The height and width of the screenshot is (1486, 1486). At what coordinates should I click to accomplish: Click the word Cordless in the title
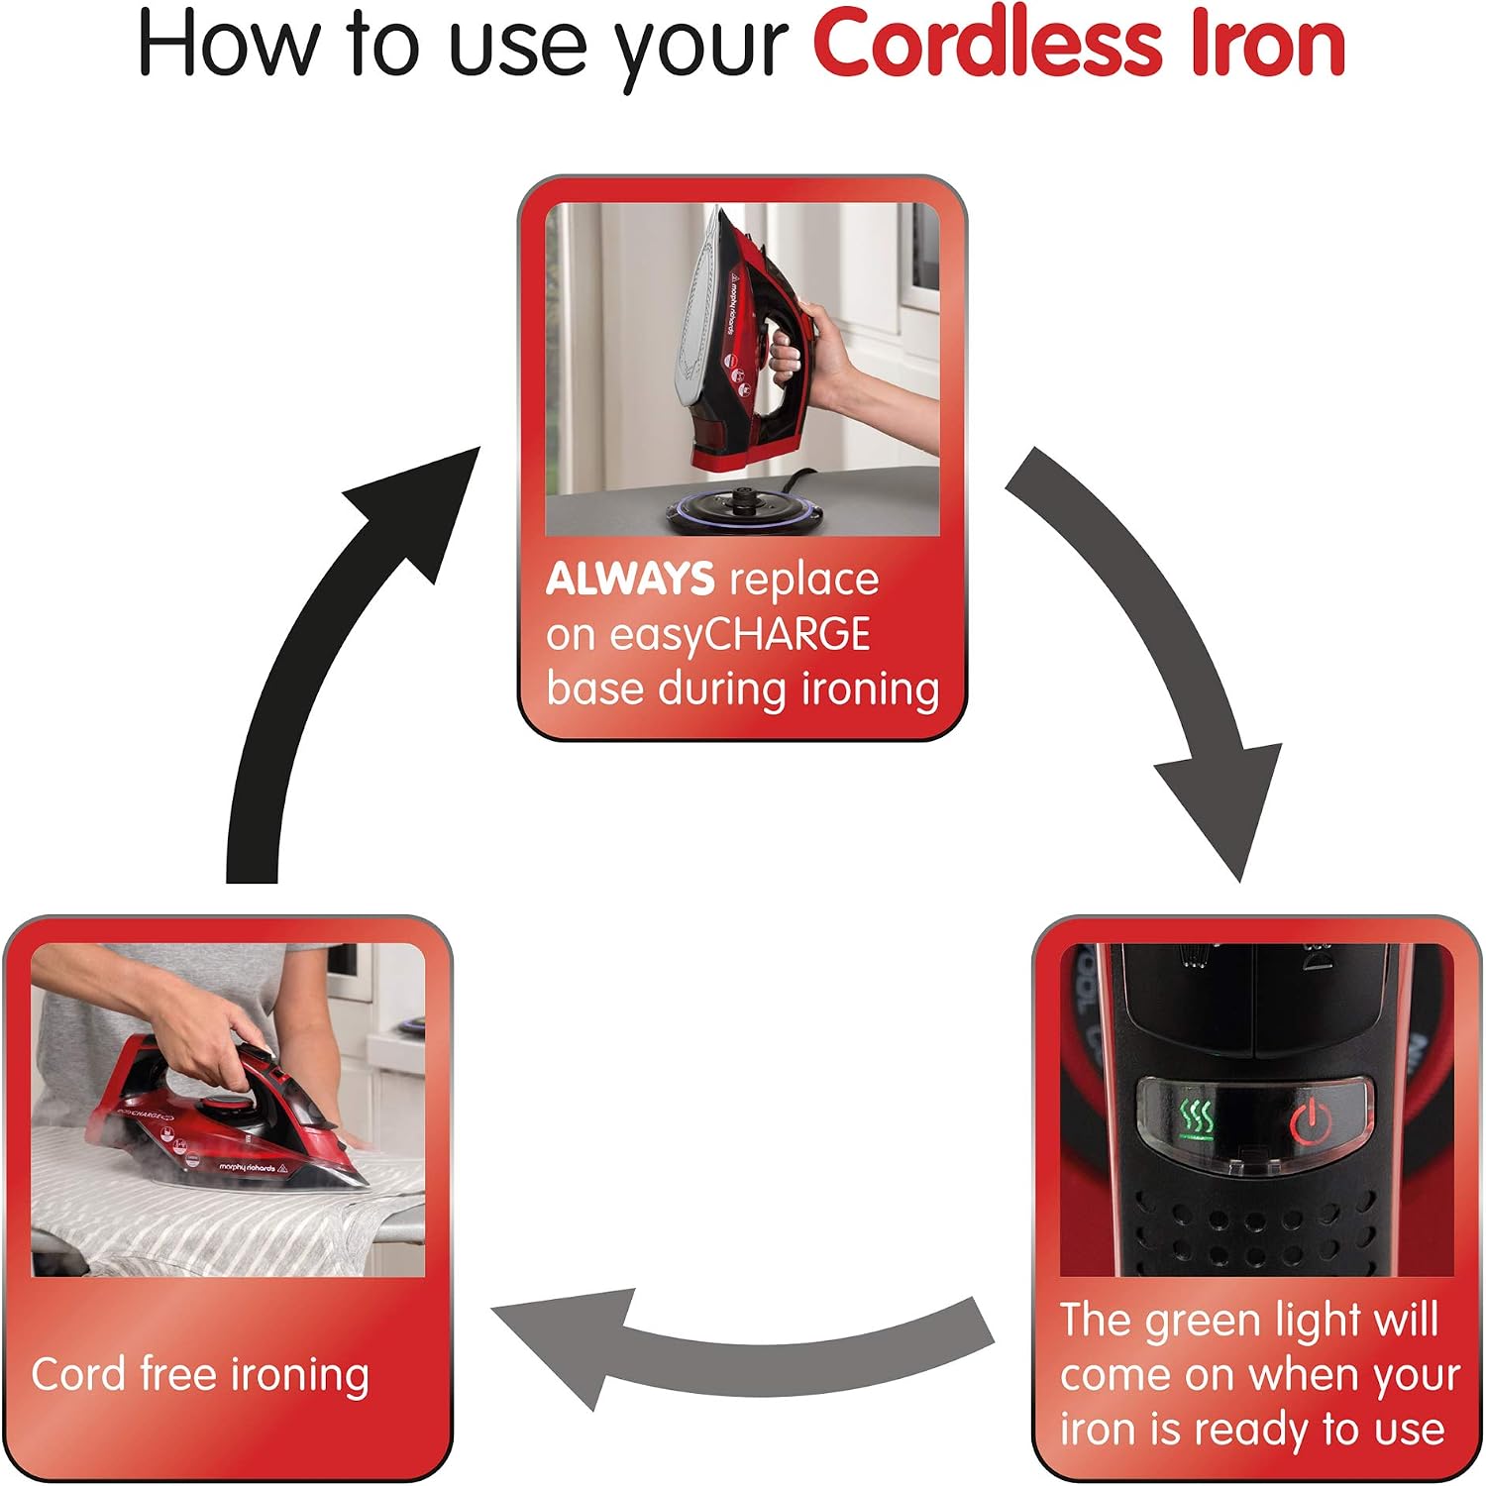point(988,45)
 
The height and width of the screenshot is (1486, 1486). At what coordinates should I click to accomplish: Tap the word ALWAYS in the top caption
point(630,579)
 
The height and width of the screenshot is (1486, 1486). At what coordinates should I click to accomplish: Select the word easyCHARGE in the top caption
point(740,634)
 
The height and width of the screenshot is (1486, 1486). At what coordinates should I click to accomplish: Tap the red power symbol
point(1311,1121)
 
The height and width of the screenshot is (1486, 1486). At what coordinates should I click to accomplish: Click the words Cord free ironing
point(200,1375)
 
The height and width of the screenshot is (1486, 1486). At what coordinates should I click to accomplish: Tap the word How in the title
point(231,45)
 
